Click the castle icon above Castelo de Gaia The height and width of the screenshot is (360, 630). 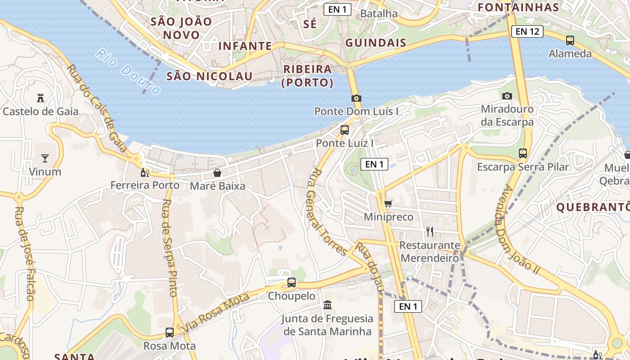pos(40,98)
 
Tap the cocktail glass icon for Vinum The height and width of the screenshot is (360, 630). pos(45,158)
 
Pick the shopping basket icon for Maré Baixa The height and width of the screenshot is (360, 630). pos(217,173)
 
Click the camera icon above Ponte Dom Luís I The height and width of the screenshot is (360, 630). pos(356,98)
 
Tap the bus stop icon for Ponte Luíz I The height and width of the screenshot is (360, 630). pos(345,130)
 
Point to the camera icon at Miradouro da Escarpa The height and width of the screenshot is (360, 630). pos(507,96)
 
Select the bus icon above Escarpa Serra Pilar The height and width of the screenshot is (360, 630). pos(523,153)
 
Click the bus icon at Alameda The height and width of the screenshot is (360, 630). pos(570,40)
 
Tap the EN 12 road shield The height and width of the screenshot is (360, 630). pos(527,31)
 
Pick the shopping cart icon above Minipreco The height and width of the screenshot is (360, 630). pos(388,203)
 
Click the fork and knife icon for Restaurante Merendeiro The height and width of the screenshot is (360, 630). pos(430,232)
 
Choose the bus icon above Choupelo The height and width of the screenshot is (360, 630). pos(292,283)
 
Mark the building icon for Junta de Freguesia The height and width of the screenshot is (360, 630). pos(328,305)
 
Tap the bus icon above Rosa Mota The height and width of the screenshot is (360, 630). pos(170,333)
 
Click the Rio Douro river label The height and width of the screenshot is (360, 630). pos(128,72)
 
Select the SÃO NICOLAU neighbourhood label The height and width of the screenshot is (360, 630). pos(209,76)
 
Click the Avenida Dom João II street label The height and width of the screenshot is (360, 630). pos(517,229)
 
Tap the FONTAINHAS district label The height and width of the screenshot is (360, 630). pos(518,7)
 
